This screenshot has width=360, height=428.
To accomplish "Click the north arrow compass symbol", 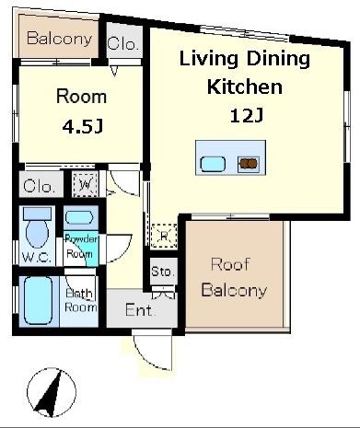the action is (x=52, y=393).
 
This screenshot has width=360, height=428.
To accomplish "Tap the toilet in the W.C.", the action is (x=37, y=227).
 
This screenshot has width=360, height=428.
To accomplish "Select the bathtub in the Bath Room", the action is (x=38, y=300).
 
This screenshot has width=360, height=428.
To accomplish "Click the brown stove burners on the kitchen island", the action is (x=249, y=164).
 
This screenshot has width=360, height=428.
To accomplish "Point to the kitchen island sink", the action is (x=213, y=164).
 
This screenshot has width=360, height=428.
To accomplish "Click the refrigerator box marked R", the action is (x=164, y=236).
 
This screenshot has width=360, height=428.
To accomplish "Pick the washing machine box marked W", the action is (x=86, y=184).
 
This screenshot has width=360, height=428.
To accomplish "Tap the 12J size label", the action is (x=247, y=116).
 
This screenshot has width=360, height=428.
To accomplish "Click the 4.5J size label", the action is (x=83, y=126).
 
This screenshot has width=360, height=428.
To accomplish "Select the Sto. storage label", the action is (x=162, y=272).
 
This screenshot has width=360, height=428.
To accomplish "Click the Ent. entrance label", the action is (x=139, y=310).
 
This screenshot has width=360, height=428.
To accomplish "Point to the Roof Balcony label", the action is (x=234, y=277).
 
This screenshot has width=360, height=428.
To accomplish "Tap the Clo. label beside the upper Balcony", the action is (x=122, y=43).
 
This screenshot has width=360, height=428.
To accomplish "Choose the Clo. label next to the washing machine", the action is (x=39, y=186).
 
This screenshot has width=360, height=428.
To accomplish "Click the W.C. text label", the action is (x=37, y=258).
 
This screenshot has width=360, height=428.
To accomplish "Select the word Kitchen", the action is (x=245, y=87).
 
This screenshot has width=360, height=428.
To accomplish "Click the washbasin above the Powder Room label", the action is (x=79, y=217).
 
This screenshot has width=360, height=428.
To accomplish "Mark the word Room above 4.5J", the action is (x=82, y=97).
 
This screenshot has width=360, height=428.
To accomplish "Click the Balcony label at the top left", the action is (x=60, y=39).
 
